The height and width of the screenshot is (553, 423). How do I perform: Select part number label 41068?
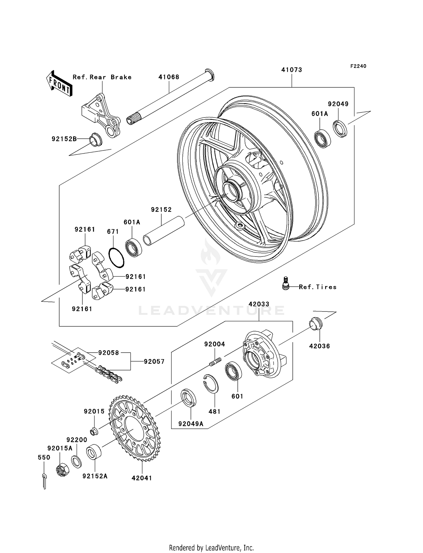[x=169, y=77]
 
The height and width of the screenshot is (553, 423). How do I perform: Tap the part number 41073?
[x=292, y=70]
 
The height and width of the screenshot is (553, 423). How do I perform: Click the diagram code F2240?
[x=358, y=66]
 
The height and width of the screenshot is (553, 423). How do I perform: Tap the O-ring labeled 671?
[x=116, y=258]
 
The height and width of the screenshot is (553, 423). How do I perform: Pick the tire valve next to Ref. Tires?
[x=286, y=283]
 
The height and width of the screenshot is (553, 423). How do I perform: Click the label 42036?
[x=320, y=346]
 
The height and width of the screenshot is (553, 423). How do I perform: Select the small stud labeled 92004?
[x=216, y=361]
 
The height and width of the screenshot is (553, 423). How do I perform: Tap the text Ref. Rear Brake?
[x=102, y=77]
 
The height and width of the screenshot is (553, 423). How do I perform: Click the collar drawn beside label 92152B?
[x=95, y=139]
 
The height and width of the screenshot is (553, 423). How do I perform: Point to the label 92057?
[x=154, y=361]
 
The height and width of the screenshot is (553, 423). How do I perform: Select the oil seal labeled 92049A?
[x=188, y=397]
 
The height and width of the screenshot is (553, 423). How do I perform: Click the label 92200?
[x=77, y=440]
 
